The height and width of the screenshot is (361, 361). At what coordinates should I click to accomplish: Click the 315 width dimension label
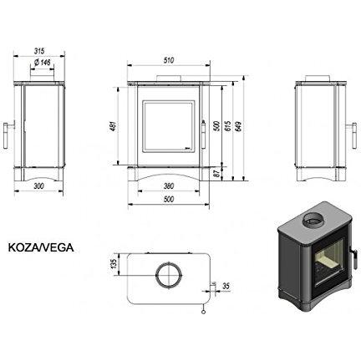39,51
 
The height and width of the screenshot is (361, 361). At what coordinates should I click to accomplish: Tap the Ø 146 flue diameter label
43,63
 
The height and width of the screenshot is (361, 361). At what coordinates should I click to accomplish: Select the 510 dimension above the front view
169,60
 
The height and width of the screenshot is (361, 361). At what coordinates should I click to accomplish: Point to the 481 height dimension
114,126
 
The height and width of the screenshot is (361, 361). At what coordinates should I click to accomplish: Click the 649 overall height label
239,126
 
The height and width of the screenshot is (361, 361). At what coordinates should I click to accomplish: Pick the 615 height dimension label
228,126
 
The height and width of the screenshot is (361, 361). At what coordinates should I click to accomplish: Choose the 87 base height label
217,174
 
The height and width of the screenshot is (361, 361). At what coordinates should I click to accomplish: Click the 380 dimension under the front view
169,186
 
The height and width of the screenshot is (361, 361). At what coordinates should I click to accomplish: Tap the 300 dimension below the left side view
38,186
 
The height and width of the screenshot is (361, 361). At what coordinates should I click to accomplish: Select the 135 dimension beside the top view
114,264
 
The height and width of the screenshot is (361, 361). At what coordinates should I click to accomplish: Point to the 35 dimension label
226,286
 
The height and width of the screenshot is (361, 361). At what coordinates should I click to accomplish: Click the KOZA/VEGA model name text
41,247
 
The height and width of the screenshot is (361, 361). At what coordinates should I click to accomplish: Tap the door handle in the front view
204,135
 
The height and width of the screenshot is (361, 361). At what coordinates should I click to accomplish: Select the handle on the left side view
8,135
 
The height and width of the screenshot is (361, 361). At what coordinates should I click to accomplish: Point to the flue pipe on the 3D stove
315,221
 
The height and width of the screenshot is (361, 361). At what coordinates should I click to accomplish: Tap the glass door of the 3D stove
330,262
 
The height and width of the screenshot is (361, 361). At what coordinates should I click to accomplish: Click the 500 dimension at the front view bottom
169,200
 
